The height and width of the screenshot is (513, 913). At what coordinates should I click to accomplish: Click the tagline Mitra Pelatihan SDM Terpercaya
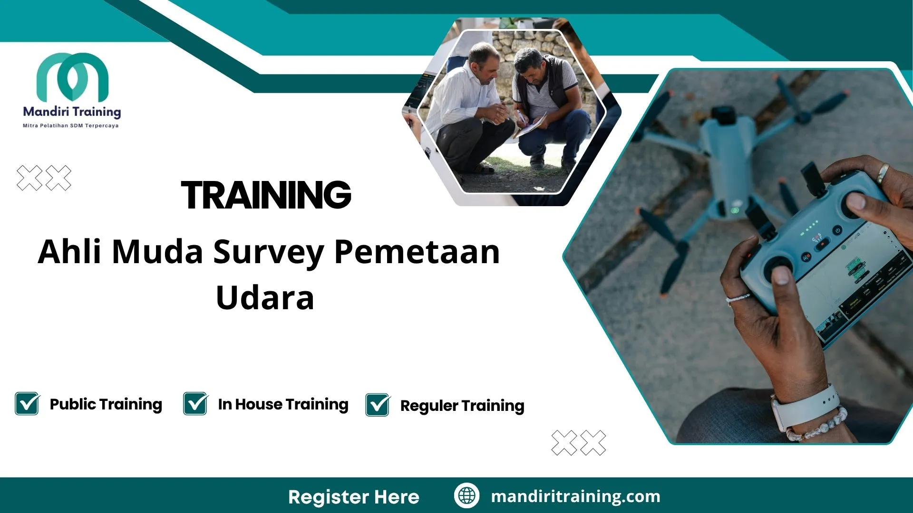coord(71,126)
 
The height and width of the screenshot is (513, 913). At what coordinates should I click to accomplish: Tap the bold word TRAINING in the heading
coord(266,195)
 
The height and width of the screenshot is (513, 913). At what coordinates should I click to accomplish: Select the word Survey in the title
coord(269,252)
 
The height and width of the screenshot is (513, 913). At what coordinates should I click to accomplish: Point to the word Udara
coord(265,298)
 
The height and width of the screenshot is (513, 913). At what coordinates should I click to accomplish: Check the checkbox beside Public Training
coord(27,404)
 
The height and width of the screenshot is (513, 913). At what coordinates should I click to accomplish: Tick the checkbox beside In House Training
coord(195,404)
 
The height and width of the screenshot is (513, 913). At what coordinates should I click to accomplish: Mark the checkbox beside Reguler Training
coord(378,405)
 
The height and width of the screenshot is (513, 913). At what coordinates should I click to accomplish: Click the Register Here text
coord(354,497)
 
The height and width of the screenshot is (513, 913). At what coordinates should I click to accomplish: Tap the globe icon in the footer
coord(466,496)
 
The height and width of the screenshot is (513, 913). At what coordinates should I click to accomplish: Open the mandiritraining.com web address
coord(575,496)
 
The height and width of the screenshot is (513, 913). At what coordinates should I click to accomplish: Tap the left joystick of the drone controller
coord(778,270)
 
